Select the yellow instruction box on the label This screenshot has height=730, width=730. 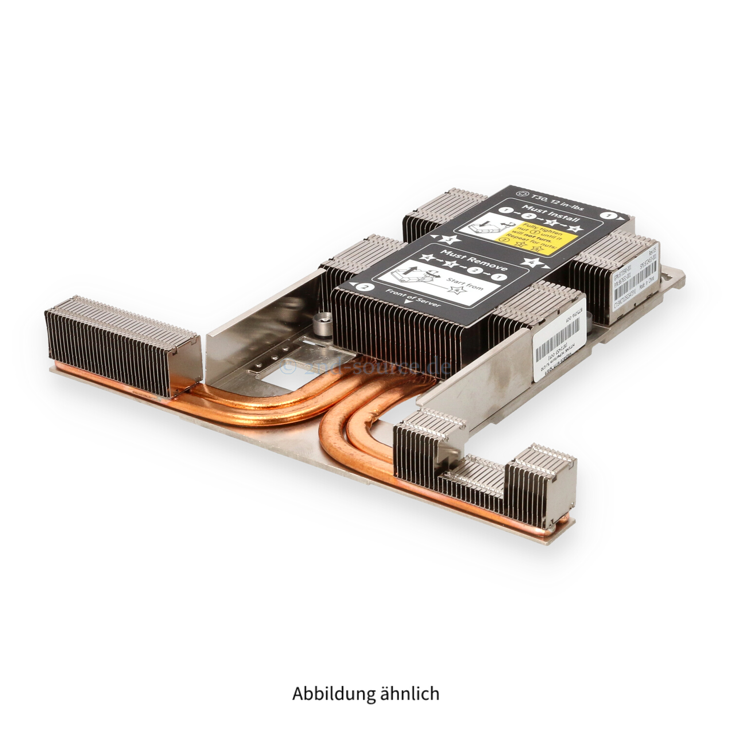click(535, 239)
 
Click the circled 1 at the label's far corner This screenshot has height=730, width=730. click(606, 215)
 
